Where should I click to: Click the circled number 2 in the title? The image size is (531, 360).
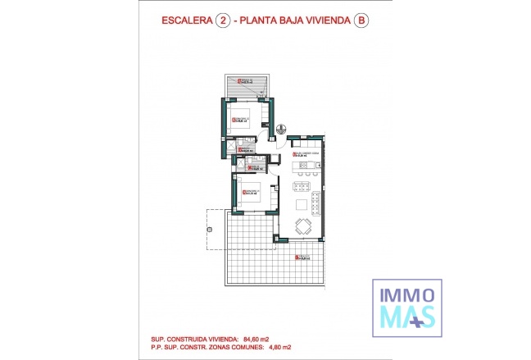click(221, 24)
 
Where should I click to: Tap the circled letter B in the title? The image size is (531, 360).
click(360, 24)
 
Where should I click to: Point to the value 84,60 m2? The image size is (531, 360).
click(257, 338)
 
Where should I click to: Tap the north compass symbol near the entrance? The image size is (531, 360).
click(280, 129)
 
